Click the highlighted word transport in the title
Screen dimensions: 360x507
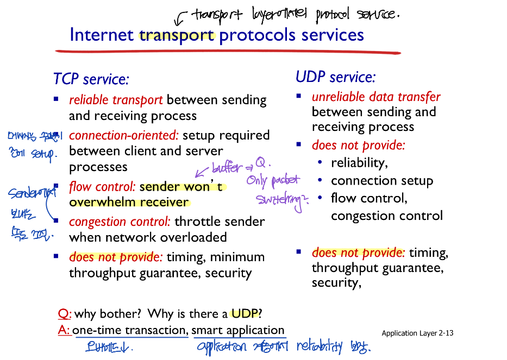177,35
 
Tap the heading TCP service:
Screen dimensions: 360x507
91,79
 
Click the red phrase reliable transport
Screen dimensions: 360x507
116,100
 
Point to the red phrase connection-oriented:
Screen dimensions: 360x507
124,135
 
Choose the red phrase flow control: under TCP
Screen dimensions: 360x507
102,187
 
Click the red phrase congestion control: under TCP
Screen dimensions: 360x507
120,222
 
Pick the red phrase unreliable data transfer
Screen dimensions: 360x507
376,97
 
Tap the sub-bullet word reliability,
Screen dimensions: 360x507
359,163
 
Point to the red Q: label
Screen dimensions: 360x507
65,314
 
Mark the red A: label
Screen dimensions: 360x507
64,330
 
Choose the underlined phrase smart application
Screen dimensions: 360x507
238,330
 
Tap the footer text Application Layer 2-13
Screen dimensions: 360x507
417,333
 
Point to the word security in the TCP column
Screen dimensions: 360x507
228,273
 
